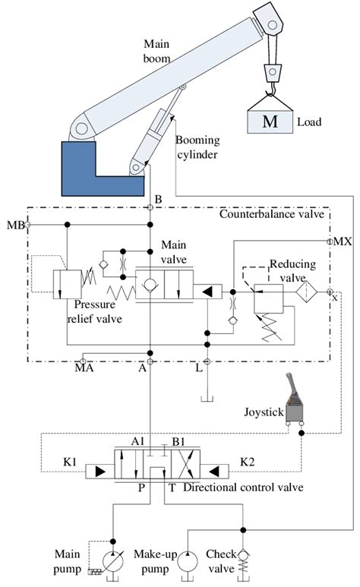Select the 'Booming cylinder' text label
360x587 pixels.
[x=199, y=147]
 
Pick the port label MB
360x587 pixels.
[x=15, y=226]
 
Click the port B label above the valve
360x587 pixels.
[x=158, y=200]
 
